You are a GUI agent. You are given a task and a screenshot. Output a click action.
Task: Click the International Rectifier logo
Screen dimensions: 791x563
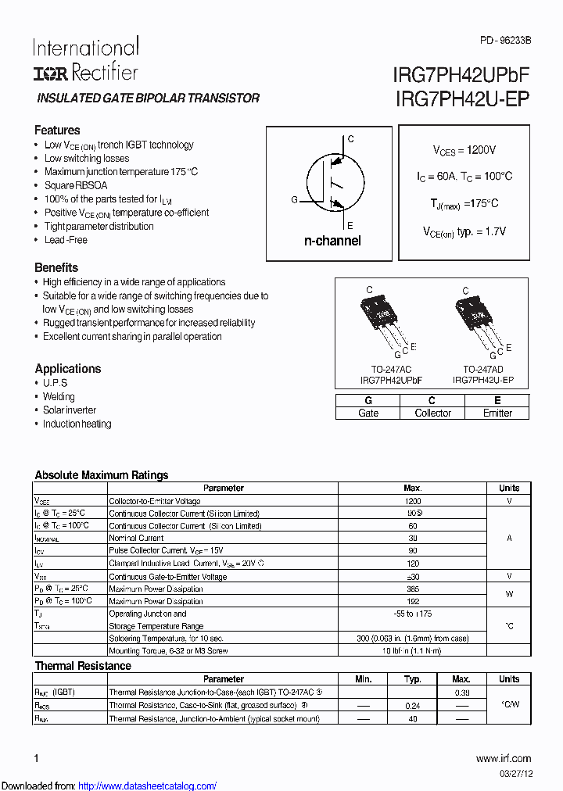[85, 59]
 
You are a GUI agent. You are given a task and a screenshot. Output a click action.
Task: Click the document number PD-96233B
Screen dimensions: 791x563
[505, 39]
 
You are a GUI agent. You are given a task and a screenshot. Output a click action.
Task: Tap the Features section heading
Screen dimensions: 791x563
[57, 131]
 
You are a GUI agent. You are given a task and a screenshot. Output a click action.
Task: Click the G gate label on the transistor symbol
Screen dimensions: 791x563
[295, 200]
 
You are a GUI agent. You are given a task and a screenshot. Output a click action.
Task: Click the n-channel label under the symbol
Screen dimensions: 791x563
[332, 241]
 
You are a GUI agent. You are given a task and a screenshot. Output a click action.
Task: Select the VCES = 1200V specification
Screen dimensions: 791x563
[464, 149]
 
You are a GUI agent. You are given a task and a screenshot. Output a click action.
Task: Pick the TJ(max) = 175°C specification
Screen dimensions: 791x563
[464, 203]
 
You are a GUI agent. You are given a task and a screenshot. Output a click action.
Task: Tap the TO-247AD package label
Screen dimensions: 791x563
[482, 368]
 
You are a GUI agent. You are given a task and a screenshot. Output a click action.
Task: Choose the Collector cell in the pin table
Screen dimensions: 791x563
[432, 413]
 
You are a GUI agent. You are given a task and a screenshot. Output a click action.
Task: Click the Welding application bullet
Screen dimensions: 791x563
[59, 396]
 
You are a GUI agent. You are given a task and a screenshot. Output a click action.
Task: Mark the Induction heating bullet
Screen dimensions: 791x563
[77, 424]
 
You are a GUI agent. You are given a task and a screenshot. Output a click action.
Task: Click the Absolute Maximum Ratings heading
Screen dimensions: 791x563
[102, 474]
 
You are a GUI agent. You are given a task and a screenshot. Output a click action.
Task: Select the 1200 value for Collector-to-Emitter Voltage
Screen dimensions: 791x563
[413, 501]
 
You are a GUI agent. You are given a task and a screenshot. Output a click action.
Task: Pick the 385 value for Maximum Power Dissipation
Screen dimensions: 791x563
[413, 589]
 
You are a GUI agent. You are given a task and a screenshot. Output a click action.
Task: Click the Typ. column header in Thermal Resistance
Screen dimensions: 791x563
[413, 679]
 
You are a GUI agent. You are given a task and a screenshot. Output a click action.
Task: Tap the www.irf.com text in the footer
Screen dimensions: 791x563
[503, 758]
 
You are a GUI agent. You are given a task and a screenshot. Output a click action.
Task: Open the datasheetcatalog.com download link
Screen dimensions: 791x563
[148, 786]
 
